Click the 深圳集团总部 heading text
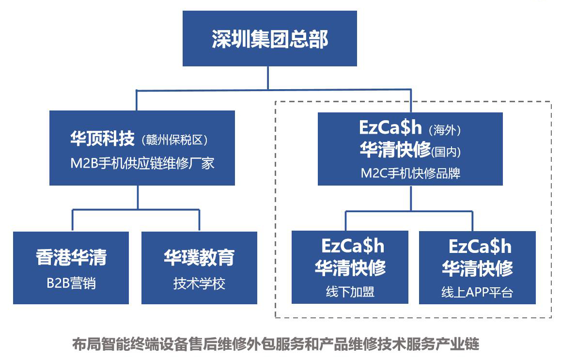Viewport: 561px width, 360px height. click(x=270, y=39)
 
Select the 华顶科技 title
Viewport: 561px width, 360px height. click(x=102, y=139)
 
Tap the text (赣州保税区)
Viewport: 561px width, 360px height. click(x=174, y=140)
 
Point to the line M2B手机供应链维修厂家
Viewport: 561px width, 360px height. click(x=142, y=164)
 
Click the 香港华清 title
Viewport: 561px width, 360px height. click(x=71, y=257)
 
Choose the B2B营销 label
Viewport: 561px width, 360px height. click(x=71, y=283)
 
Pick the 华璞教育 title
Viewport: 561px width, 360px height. click(x=199, y=257)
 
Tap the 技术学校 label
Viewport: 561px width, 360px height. click(x=199, y=283)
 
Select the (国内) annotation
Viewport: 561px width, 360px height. click(x=446, y=152)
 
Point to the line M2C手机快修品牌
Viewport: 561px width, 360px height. click(x=410, y=173)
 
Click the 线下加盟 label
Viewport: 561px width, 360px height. click(x=350, y=292)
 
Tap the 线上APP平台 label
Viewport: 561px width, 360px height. click(x=477, y=292)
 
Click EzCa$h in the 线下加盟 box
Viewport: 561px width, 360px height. click(x=353, y=246)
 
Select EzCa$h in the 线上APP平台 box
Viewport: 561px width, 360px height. click(x=480, y=246)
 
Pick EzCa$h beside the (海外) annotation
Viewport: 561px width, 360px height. click(x=390, y=127)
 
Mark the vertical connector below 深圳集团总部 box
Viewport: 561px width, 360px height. click(x=268, y=78)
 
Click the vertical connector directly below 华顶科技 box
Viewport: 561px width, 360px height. click(x=138, y=197)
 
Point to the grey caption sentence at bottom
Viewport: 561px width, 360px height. click(x=276, y=344)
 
